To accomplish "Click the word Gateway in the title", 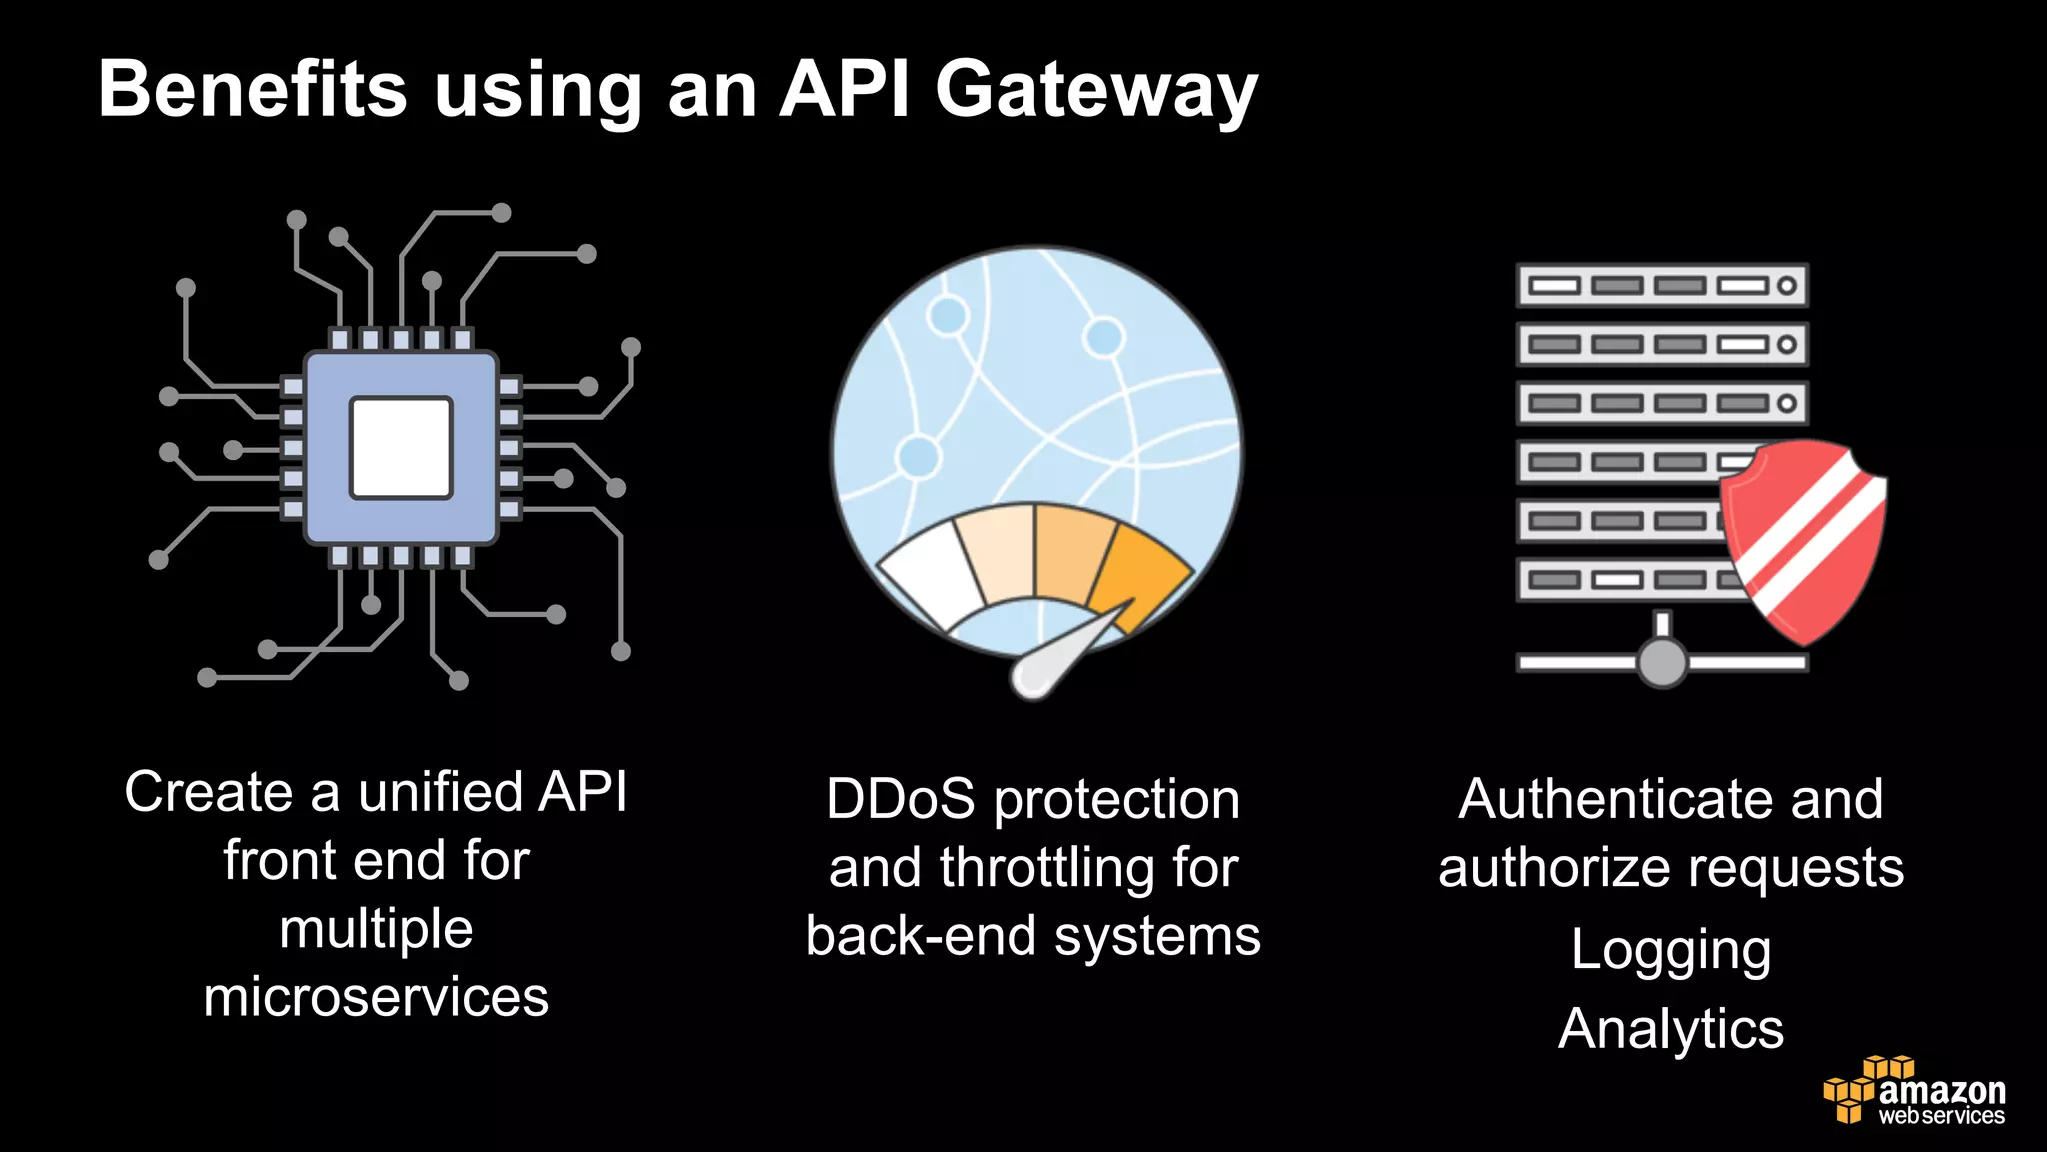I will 1095,90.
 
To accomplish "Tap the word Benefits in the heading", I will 253,90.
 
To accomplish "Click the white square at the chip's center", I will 401,447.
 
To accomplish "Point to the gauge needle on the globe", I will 1064,655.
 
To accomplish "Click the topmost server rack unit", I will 1661,285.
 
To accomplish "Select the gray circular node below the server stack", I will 1662,662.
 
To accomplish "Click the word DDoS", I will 900,800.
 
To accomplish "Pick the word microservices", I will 376,997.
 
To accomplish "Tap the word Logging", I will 1670,950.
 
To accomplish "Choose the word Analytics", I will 1670,1029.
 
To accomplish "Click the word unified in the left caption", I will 440,792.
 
